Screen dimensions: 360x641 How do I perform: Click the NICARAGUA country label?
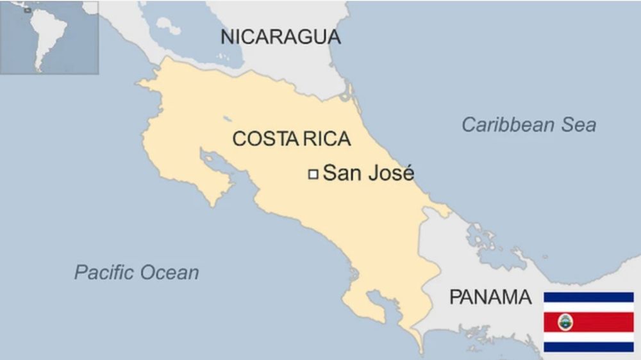click(x=280, y=37)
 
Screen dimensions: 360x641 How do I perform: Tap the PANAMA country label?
click(x=490, y=297)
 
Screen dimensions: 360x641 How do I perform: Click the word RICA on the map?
click(x=326, y=139)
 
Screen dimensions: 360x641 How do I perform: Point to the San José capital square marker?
click(x=313, y=174)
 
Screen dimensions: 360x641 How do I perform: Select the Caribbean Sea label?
click(x=529, y=125)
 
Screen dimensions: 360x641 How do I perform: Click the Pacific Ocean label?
click(x=137, y=272)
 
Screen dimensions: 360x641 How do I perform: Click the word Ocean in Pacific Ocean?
click(x=170, y=272)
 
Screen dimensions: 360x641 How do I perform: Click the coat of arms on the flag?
click(x=565, y=322)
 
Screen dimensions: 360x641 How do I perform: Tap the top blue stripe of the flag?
click(x=588, y=297)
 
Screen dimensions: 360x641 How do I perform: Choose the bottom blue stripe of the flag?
click(x=588, y=347)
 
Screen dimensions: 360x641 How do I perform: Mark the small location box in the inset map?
click(x=27, y=10)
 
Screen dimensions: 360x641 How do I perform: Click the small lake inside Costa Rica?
click(x=228, y=119)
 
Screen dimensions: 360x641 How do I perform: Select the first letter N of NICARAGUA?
click(x=226, y=37)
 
